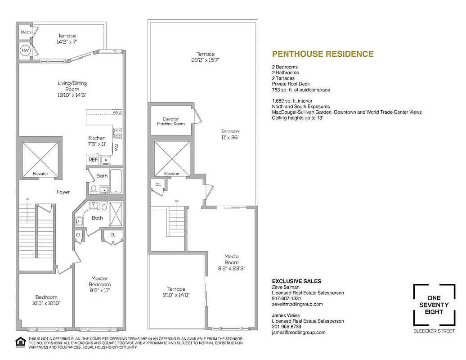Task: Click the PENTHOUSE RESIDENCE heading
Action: point(323,54)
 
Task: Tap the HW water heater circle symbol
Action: point(25,51)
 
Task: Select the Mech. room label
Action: point(25,33)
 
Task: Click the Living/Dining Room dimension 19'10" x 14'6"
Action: point(72,95)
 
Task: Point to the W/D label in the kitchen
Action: point(117,112)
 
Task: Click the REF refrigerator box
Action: point(93,159)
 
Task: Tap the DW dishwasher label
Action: point(116,148)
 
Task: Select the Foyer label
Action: point(63,192)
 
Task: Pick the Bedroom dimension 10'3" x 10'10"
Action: point(46,303)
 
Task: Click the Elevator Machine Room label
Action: point(170,121)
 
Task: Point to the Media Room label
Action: point(232,259)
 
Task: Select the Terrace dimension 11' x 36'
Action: point(230,138)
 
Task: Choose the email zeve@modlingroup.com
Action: point(297,304)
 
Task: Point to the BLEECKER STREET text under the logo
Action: point(434,331)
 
